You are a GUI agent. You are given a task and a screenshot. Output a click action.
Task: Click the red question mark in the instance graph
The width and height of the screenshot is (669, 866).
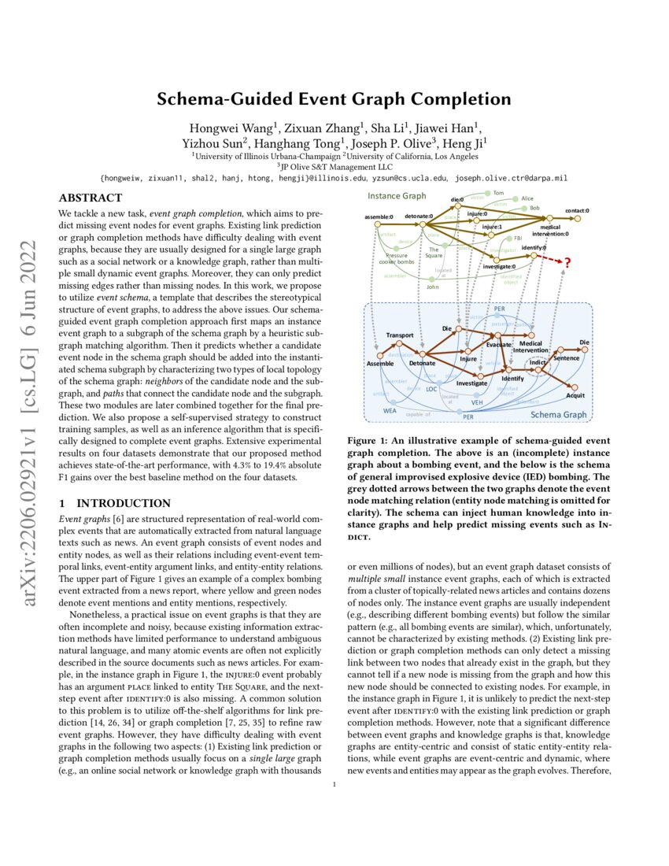[567, 262]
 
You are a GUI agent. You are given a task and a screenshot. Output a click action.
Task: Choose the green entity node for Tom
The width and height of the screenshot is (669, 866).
[486, 193]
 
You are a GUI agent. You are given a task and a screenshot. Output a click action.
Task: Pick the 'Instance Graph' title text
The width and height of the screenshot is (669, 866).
[397, 195]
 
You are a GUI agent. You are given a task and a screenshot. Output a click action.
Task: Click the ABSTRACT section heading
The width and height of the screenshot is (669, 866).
[90, 198]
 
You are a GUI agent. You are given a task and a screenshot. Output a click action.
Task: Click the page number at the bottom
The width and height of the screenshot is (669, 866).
[334, 784]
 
